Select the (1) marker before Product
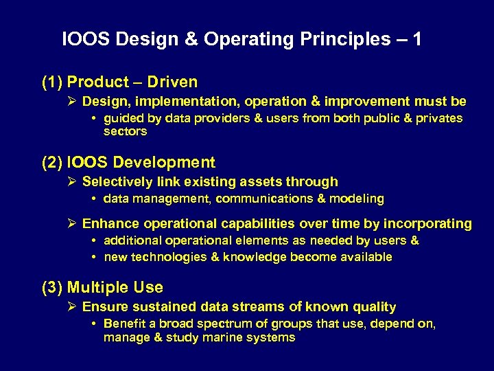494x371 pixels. pos(52,82)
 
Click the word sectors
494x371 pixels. pos(125,131)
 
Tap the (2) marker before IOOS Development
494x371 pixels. pos(52,163)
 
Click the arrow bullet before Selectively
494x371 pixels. pos(73,182)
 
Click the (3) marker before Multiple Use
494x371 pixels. pos(52,288)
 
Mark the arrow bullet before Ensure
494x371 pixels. pos(73,307)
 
